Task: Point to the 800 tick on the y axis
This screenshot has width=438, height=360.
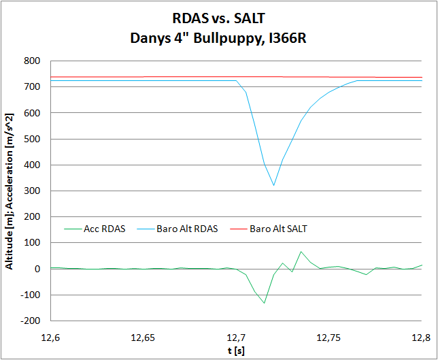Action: pyautogui.click(x=33, y=61)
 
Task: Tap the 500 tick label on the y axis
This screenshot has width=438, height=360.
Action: pyautogui.click(x=33, y=139)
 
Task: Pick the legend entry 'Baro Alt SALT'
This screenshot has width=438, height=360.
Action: pyautogui.click(x=278, y=229)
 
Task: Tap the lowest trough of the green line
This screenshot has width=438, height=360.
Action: pyautogui.click(x=264, y=303)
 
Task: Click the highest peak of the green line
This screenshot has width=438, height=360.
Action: pyautogui.click(x=301, y=252)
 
